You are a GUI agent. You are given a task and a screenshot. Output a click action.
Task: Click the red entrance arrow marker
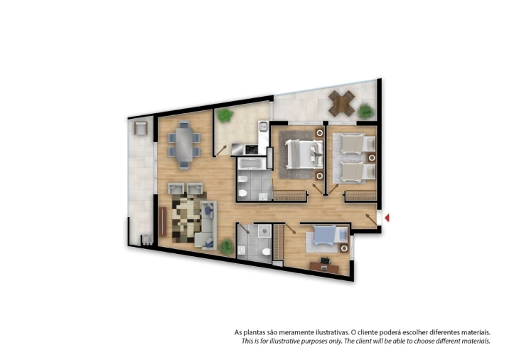click(x=387, y=218)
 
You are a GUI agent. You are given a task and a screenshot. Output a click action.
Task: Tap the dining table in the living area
click(x=184, y=144)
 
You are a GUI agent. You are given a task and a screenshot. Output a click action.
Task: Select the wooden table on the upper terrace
click(x=343, y=104)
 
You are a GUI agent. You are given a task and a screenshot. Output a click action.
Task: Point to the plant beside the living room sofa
click(x=226, y=246)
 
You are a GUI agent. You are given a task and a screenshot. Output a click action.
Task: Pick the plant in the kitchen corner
click(x=225, y=115)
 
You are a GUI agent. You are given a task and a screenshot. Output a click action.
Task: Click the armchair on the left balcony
click(x=139, y=129)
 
